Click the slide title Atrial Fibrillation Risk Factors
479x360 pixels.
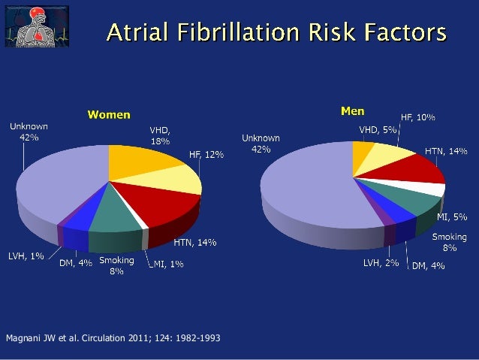pos(275,32)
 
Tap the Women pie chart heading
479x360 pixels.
pos(109,115)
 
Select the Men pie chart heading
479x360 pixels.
pos(352,111)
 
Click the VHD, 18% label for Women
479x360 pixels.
pos(160,135)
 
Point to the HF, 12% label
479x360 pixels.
pos(206,154)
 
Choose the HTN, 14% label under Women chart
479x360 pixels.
pos(195,243)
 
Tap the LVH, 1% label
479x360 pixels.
pos(26,256)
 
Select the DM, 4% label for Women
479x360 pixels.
pos(76,263)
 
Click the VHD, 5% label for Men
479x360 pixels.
pos(378,129)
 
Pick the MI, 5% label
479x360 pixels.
pos(453,217)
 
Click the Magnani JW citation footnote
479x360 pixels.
pos(113,337)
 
